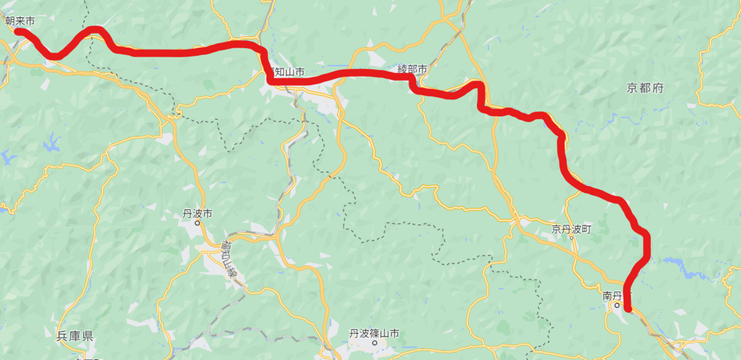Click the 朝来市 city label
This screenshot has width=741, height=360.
(x=19, y=21)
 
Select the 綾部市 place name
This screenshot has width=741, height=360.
(x=412, y=70)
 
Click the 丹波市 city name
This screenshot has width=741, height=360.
(x=197, y=214)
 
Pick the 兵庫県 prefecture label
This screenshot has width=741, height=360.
(x=74, y=336)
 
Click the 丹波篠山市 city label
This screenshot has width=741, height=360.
(x=374, y=333)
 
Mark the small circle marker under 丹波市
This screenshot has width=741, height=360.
(x=198, y=224)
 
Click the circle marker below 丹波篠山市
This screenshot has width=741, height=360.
(x=374, y=342)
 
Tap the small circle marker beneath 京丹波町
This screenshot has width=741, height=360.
(x=572, y=238)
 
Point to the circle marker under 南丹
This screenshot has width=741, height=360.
(x=616, y=304)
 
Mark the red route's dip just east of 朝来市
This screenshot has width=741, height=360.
(x=54, y=56)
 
